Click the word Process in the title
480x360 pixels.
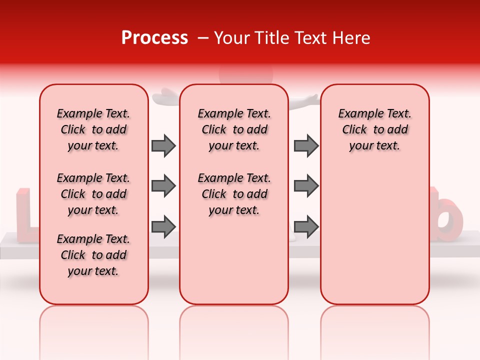tap(154, 38)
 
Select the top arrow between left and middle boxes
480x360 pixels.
tap(163, 145)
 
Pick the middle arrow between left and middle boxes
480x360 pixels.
tap(163, 186)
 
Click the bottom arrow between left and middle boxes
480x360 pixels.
tap(163, 226)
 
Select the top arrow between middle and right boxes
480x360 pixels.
tap(306, 145)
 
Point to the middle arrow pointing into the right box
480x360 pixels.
tap(306, 186)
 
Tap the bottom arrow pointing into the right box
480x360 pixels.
tap(306, 226)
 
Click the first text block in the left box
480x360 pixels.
tap(93, 129)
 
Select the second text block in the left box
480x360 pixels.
tap(93, 194)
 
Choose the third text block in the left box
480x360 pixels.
tap(93, 255)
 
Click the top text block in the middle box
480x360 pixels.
tap(234, 129)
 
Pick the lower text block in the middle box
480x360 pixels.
tap(234, 194)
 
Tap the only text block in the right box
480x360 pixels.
tap(374, 129)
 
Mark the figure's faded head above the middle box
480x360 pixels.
tap(246, 75)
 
